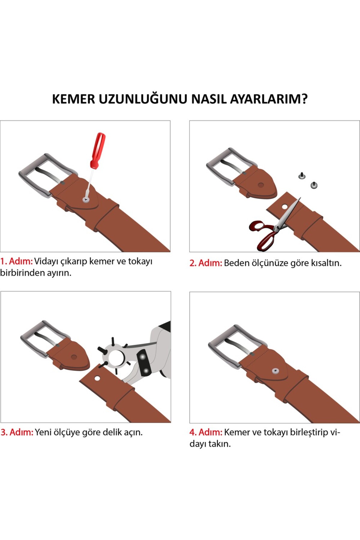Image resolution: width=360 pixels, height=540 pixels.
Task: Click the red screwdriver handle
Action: [x=97, y=150]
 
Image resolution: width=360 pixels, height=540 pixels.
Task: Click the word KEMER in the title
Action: [x=73, y=99]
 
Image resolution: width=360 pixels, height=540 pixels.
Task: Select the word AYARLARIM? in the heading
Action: [x=268, y=99]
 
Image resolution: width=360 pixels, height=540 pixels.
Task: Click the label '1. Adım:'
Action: [x=16, y=261]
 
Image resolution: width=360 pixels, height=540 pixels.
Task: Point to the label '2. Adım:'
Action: [x=205, y=263]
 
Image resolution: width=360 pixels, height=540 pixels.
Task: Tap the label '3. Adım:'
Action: [x=17, y=432]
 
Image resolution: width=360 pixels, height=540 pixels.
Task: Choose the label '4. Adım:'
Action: [x=206, y=432]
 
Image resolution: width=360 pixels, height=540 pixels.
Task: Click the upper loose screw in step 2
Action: [x=302, y=175]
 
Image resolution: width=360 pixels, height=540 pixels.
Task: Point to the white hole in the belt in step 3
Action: [x=97, y=378]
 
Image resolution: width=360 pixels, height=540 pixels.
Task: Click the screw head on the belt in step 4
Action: [x=275, y=371]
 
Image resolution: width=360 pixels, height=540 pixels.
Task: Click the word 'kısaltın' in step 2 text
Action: [x=325, y=263]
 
